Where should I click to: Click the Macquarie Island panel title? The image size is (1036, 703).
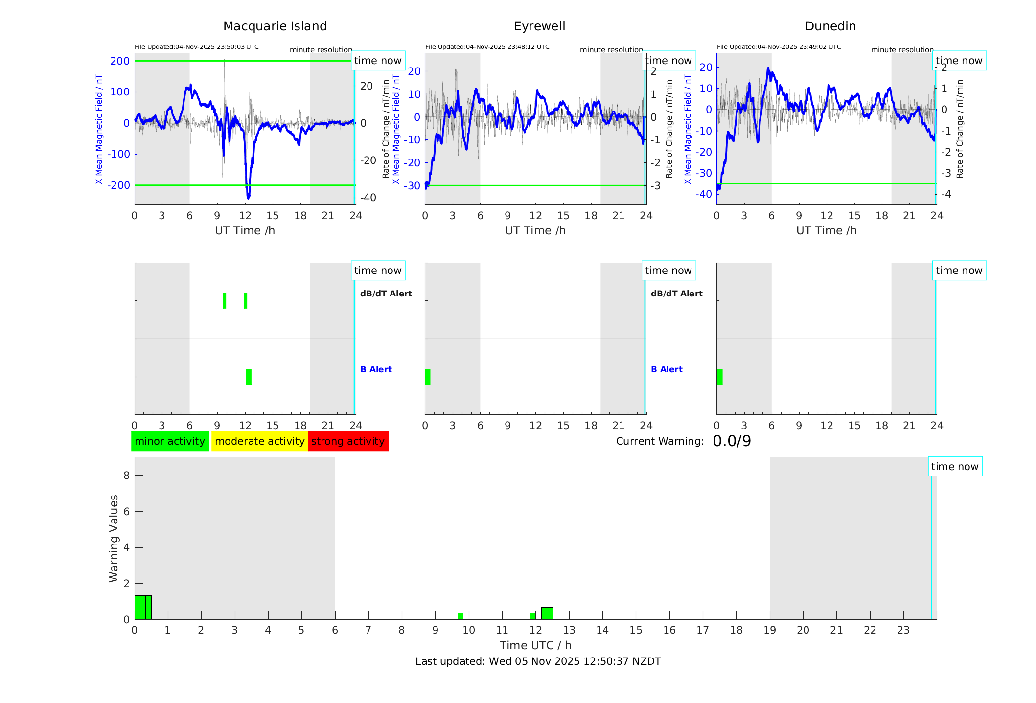tap(275, 26)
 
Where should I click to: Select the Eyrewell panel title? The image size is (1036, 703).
tap(539, 26)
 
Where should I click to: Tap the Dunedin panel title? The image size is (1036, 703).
tap(830, 26)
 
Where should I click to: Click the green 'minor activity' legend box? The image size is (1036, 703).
tap(170, 441)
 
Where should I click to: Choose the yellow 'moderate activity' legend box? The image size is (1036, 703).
tap(259, 441)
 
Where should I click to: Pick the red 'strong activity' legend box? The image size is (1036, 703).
tap(348, 441)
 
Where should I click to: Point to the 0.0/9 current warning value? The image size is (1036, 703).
tap(732, 441)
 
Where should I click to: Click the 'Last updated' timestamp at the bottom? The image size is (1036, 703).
tap(538, 661)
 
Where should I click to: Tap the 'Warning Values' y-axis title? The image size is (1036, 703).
tap(114, 538)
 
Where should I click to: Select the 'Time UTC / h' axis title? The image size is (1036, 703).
tap(535, 645)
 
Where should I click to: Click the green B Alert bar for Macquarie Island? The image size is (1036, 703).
tap(249, 377)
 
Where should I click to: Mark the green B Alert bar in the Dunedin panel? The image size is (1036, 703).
tap(719, 377)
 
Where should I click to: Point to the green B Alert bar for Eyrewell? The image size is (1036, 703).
tap(428, 377)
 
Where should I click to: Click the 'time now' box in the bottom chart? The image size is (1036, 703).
tap(955, 467)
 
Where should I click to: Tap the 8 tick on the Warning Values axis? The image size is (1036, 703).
tap(126, 476)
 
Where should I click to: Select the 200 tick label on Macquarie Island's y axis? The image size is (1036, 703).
tap(120, 61)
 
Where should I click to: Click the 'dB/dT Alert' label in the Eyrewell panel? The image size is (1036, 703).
tap(676, 294)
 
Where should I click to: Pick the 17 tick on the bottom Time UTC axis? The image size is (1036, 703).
tap(703, 630)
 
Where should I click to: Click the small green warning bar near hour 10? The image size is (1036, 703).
tap(460, 616)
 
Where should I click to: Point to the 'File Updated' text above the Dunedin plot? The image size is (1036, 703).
tap(779, 47)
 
